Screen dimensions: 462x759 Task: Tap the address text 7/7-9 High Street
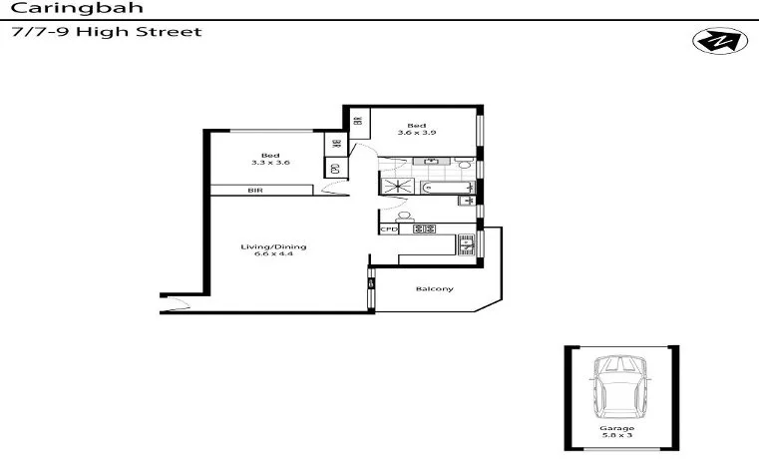(106, 32)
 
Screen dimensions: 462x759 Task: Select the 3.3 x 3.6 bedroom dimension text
(269, 162)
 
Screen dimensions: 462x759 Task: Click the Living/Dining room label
(273, 245)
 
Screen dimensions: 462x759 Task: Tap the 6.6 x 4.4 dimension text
(273, 254)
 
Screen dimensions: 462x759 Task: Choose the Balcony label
(435, 289)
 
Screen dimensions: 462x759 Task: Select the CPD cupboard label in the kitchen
(389, 229)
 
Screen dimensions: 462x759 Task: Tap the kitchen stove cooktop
(424, 229)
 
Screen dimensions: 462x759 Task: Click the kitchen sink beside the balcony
(465, 241)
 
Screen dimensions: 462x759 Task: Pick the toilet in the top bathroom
(464, 162)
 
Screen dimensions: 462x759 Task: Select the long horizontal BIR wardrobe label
(256, 190)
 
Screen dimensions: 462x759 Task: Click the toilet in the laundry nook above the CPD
(404, 216)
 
